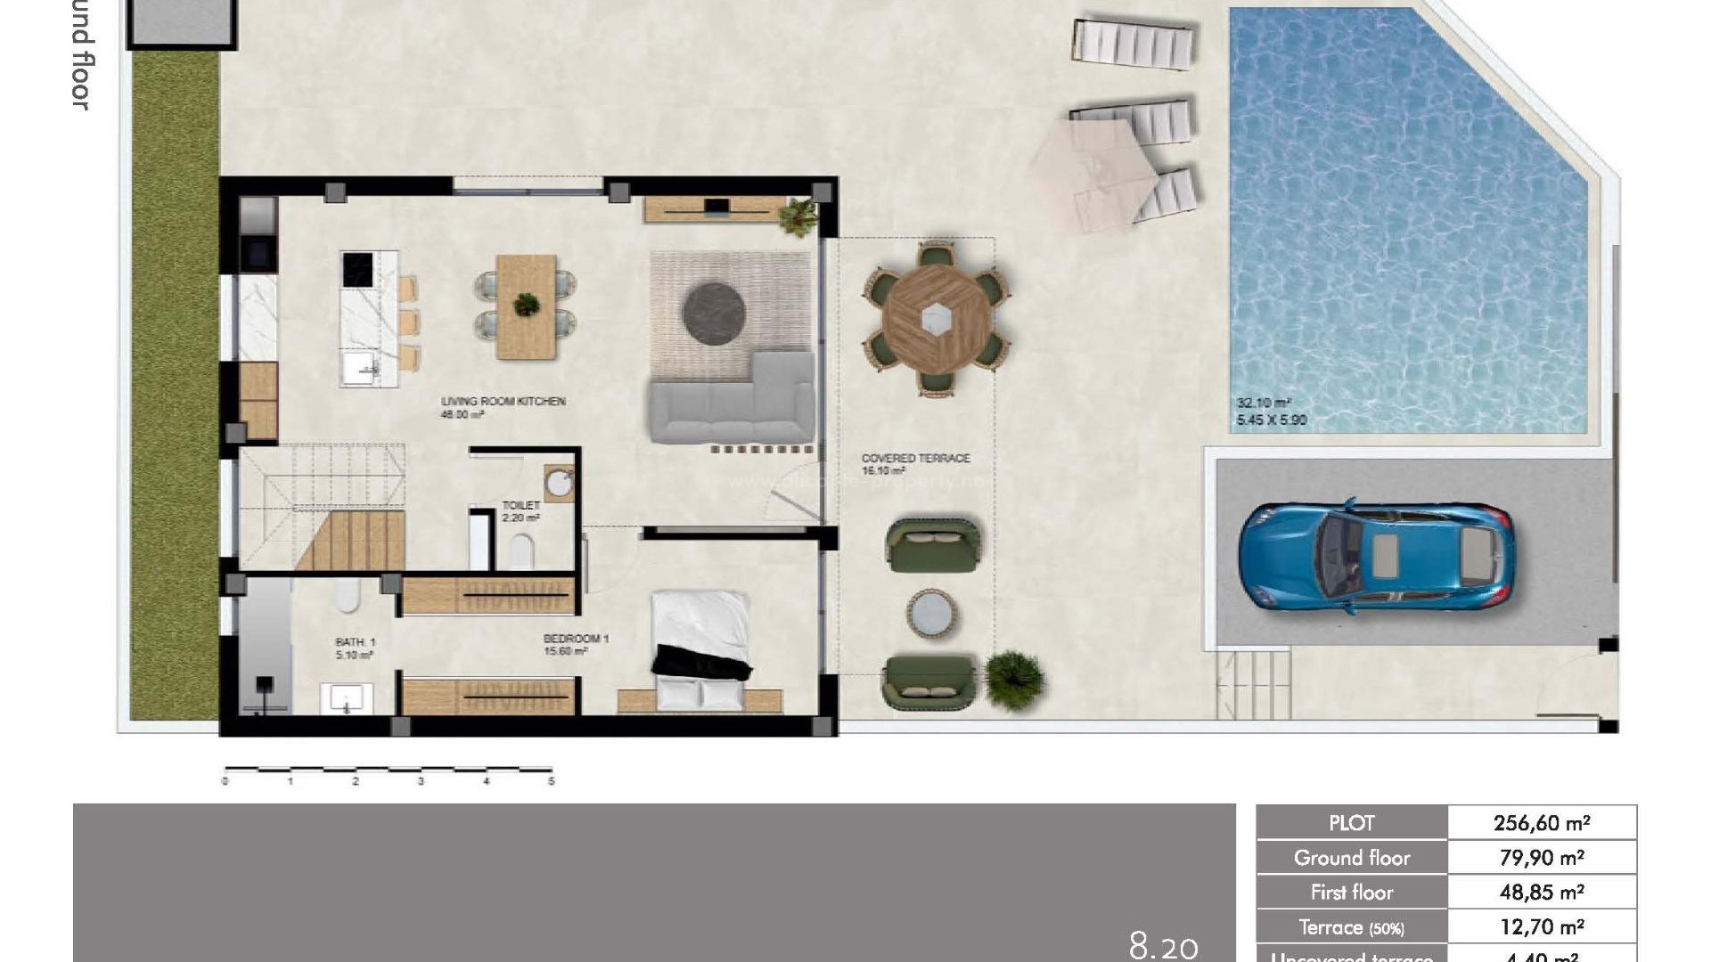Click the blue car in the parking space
pyautogui.click(x=1375, y=558)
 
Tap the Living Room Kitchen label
pyautogui.click(x=503, y=402)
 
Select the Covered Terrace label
pyautogui.click(x=915, y=458)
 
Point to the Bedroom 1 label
pyautogui.click(x=576, y=639)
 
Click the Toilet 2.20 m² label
pyautogui.click(x=521, y=511)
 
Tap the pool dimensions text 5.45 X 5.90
pyautogui.click(x=1271, y=420)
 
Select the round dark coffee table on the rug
pyautogui.click(x=714, y=312)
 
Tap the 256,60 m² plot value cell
pyautogui.click(x=1541, y=823)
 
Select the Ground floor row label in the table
pyautogui.click(x=1351, y=858)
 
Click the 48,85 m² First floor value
pyautogui.click(x=1541, y=893)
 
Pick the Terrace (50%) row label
pyautogui.click(x=1351, y=927)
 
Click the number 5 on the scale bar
pyautogui.click(x=552, y=781)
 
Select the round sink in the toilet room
pyautogui.click(x=560, y=484)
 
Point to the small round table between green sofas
pyautogui.click(x=932, y=615)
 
